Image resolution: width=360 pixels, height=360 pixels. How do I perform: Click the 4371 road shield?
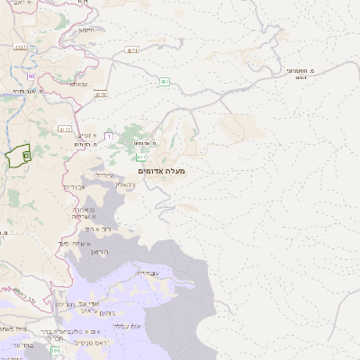coord(132,51)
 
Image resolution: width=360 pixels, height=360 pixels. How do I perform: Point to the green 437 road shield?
coord(166,81)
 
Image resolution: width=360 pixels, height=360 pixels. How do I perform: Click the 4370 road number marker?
coord(100,94)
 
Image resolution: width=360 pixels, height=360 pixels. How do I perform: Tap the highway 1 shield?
coord(107,136)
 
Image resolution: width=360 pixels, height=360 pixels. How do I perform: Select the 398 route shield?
coord(54,350)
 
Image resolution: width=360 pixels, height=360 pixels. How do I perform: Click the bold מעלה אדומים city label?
coord(161,170)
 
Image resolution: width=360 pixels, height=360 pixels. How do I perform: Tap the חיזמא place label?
coord(87,30)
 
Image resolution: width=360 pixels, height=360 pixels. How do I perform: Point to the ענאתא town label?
coord(79,84)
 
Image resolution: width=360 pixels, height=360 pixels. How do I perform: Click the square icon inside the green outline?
coord(26,156)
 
